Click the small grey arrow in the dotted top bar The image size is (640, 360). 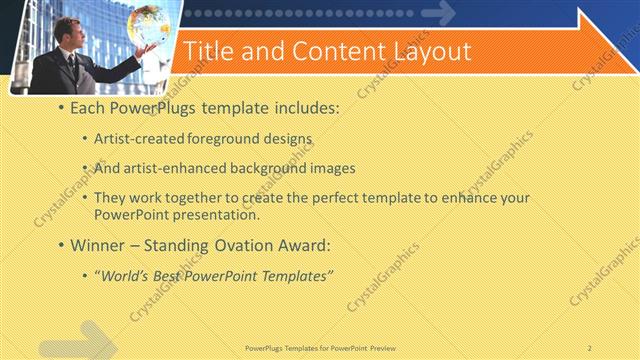tap(437, 13)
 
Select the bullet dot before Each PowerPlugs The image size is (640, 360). tap(62, 107)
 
